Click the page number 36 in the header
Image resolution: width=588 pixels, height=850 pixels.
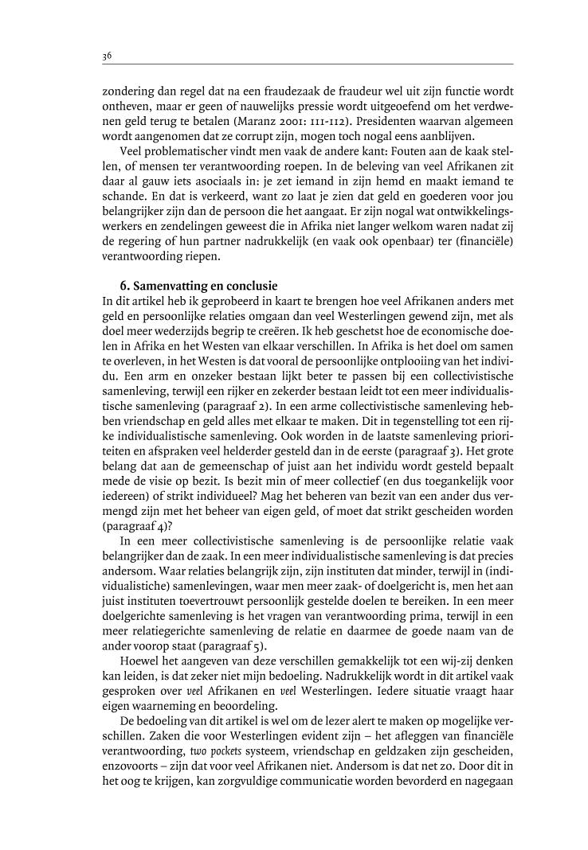click(x=107, y=56)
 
